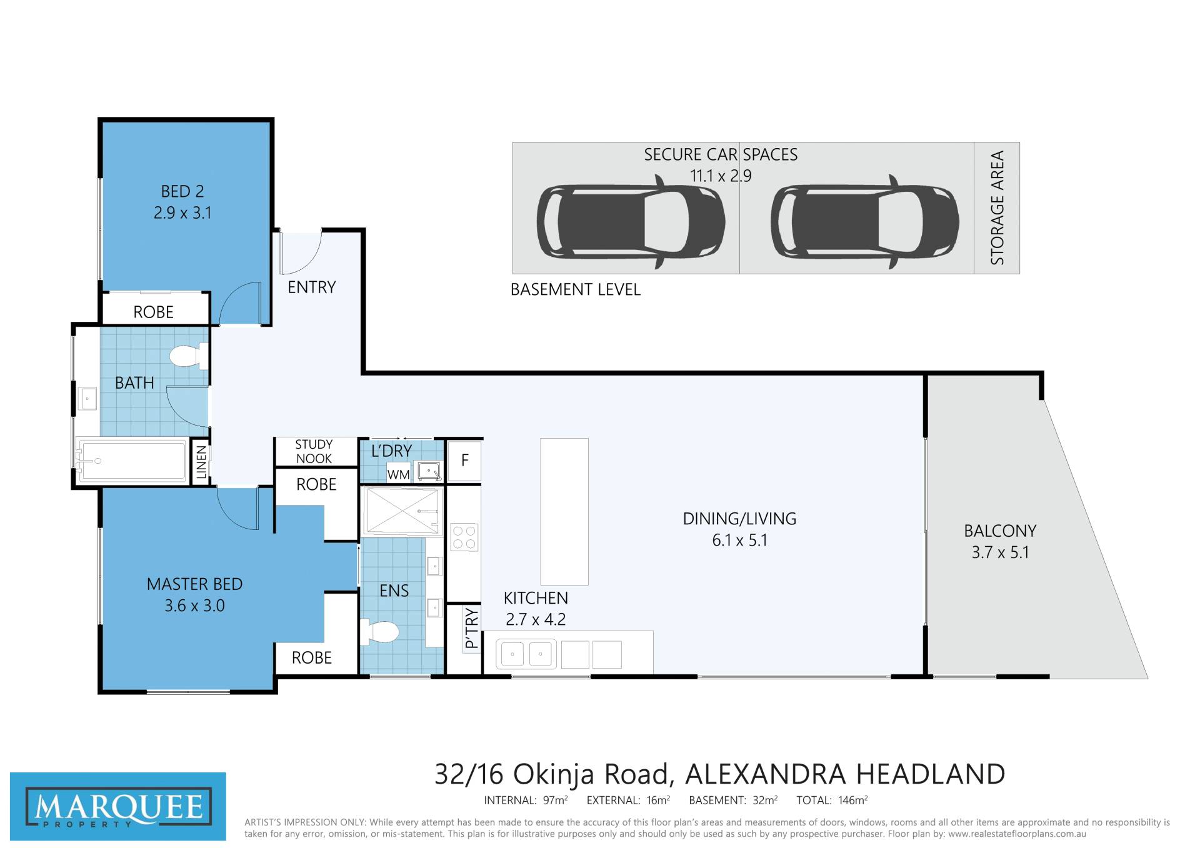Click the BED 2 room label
pyautogui.click(x=182, y=191)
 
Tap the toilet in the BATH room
pyautogui.click(x=189, y=356)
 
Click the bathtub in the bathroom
pyautogui.click(x=132, y=461)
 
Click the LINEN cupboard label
pyautogui.click(x=201, y=462)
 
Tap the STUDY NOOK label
pyautogui.click(x=314, y=451)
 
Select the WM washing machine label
pyautogui.click(x=398, y=474)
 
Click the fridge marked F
pyautogui.click(x=464, y=461)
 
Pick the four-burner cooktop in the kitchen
pyautogui.click(x=464, y=537)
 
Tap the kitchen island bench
pyautogui.click(x=564, y=511)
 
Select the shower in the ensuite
pyautogui.click(x=403, y=511)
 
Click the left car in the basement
pyautogui.click(x=631, y=221)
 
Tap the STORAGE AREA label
pyautogui.click(x=997, y=207)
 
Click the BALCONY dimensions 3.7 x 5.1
pyautogui.click(x=1000, y=552)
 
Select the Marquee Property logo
pyautogui.click(x=118, y=807)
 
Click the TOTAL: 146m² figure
pyautogui.click(x=832, y=800)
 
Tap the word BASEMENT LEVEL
pyautogui.click(x=576, y=290)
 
